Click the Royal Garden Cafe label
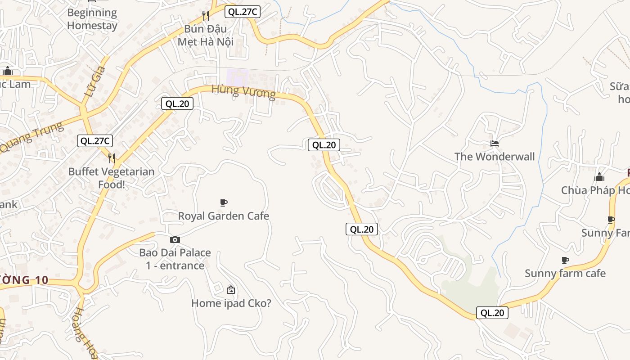coord(224,216)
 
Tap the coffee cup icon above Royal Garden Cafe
coord(224,202)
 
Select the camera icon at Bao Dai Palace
coord(175,239)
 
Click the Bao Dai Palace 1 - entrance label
coord(175,259)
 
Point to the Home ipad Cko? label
coord(231,303)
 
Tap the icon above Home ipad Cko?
coord(231,290)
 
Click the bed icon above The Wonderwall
coord(495,144)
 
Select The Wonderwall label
coord(495,157)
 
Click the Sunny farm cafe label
coord(565,274)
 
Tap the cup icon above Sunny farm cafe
coord(565,260)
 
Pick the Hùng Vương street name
coord(243,91)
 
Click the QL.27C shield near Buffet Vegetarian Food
coord(94,141)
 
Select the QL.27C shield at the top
coord(243,12)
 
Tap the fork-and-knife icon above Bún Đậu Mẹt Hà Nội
coord(206,16)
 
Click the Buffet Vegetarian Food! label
coord(111,178)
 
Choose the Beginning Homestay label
coord(92,19)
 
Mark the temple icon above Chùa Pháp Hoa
coord(599,177)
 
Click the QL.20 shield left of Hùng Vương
coord(177,104)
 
